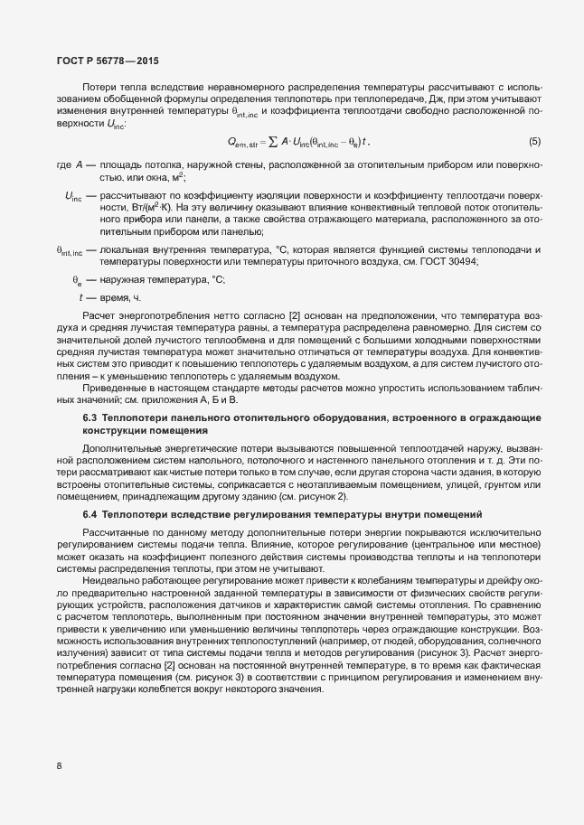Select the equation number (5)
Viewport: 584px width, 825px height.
coord(534,141)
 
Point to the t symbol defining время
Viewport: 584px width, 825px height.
coord(81,296)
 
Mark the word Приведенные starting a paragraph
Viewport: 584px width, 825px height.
coord(114,386)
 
